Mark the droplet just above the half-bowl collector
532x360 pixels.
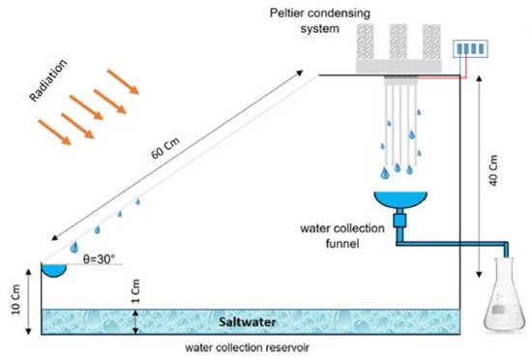click(x=76, y=248)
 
